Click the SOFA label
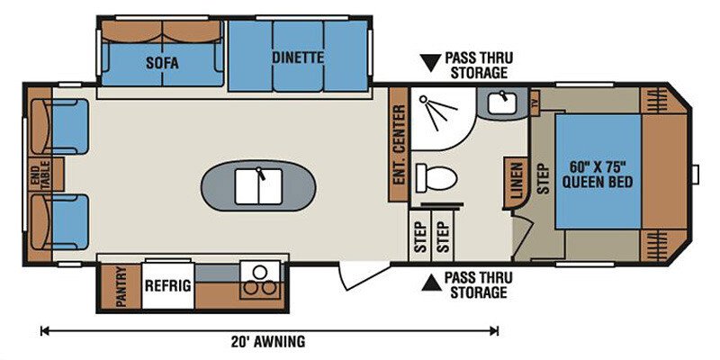pos(162,63)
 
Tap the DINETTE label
pos(298,58)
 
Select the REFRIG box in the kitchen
pos(168,285)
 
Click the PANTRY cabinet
pos(121,287)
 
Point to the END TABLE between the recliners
pos(46,175)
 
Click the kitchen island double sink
pos(258,186)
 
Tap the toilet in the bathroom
pos(436,178)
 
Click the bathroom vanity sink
pos(502,103)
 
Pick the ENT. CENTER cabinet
pos(399,144)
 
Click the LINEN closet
pos(515,184)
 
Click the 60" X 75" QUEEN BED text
pos(598,174)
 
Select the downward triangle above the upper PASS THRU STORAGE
pos(431,62)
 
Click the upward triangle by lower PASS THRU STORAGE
pos(431,283)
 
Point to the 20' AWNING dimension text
pos(268,342)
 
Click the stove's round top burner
pos(259,272)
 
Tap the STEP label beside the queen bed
pos(544,178)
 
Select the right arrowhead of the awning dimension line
pos(495,330)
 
